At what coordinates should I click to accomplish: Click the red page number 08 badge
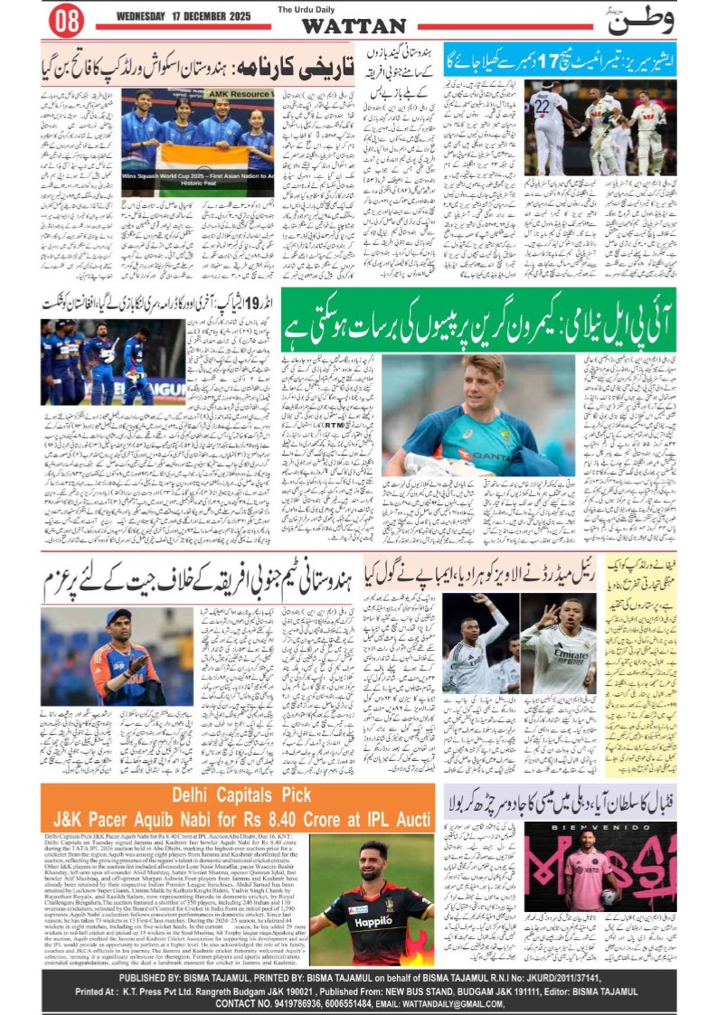(66, 20)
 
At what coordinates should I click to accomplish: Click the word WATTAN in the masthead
(354, 26)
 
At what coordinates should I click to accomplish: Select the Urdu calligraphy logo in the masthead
(641, 20)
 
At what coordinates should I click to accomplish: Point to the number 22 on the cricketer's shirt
(542, 107)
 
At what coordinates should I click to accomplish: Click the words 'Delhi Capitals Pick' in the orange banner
(241, 795)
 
